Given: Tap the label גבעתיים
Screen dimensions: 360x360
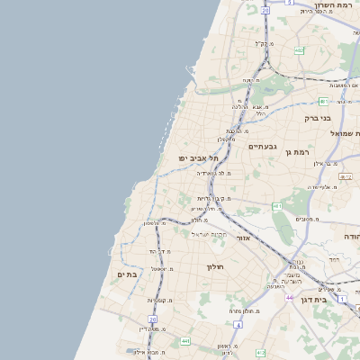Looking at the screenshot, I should click(x=262, y=146).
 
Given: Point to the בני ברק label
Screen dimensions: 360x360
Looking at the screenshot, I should click(x=318, y=118).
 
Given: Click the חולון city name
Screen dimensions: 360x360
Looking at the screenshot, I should click(x=214, y=266).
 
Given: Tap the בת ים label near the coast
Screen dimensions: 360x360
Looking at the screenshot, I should click(x=126, y=274).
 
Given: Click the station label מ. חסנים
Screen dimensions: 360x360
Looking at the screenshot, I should click(x=308, y=220).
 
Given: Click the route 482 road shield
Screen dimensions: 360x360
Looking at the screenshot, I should click(x=299, y=50).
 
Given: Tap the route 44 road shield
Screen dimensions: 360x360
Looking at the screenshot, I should click(x=290, y=296).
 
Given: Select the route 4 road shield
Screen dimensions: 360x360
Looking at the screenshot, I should click(x=290, y=3).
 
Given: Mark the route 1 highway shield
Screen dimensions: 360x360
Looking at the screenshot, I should click(x=342, y=297).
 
